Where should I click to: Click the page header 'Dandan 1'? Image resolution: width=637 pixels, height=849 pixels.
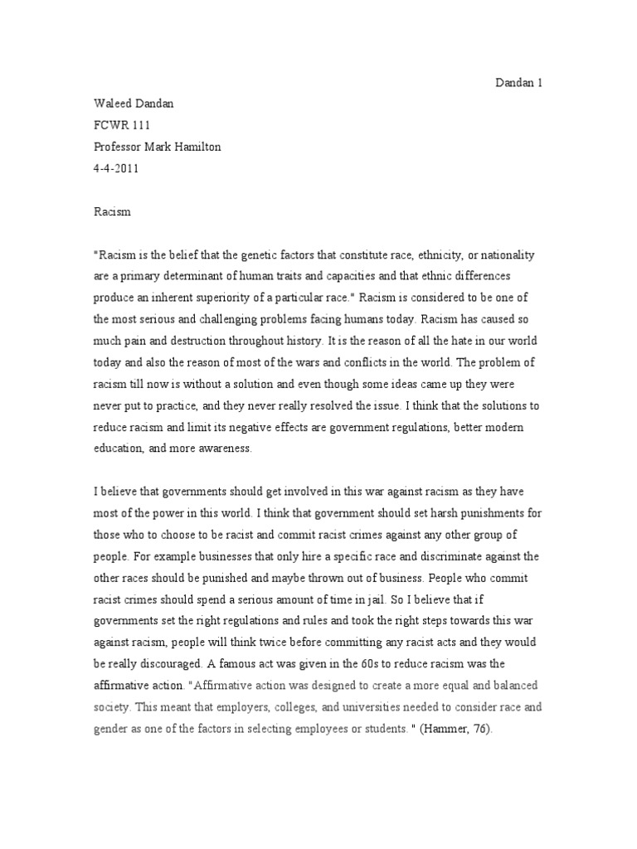pos(519,84)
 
